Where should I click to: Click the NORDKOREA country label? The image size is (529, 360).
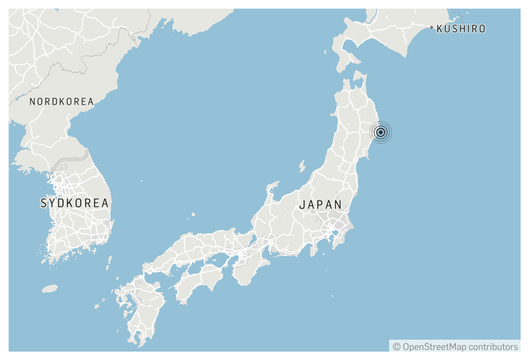(61, 102)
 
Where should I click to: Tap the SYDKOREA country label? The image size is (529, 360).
(75, 203)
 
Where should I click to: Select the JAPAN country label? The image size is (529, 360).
(320, 205)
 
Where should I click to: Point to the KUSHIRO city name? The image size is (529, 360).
(461, 29)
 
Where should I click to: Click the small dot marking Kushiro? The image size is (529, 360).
(432, 28)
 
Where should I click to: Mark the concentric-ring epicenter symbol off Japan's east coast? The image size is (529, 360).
(380, 132)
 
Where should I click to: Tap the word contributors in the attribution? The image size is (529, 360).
(492, 347)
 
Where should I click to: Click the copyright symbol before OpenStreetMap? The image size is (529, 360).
(396, 347)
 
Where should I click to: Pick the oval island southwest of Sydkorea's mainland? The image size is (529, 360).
(49, 289)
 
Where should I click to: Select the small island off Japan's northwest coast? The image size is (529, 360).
(302, 166)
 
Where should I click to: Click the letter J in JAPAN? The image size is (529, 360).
(302, 205)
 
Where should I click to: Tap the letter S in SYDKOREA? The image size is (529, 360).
(44, 203)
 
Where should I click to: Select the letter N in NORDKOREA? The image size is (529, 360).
(32, 102)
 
